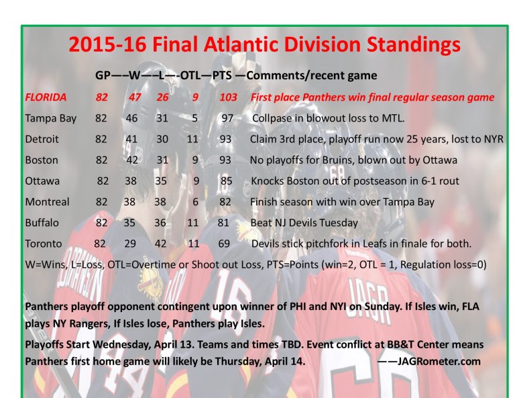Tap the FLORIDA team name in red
pos(46,97)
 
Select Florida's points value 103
pos(228,97)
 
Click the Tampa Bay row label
pos(50,118)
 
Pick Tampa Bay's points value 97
pos(229,118)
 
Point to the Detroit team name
pos(42,139)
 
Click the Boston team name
pos(41,160)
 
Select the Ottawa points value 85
pos(229,181)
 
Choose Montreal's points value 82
pos(228,201)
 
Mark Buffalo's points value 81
pos(227,222)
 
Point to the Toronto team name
pos(44,243)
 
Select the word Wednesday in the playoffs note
pos(130,344)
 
